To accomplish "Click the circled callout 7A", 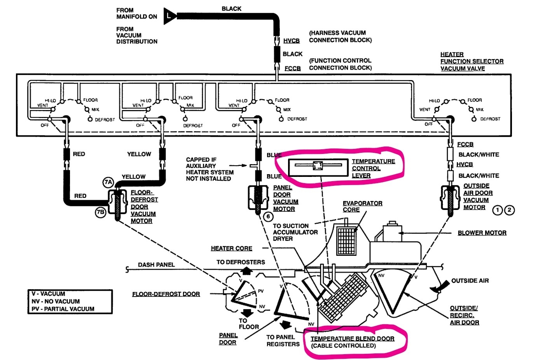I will pyautogui.click(x=108, y=182).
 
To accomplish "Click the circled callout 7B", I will pyautogui.click(x=100, y=212).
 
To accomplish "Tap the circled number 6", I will pyautogui.click(x=268, y=217).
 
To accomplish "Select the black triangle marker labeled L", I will pyautogui.click(x=169, y=16).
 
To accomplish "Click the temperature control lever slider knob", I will pyautogui.click(x=317, y=166).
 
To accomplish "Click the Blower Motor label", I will pyautogui.click(x=482, y=233).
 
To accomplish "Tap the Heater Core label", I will pyautogui.click(x=231, y=248).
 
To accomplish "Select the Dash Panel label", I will pyautogui.click(x=156, y=265).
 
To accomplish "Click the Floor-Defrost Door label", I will pyautogui.click(x=166, y=294).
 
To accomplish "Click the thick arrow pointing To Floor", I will pyautogui.click(x=246, y=313).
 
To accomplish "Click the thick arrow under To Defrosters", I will pyautogui.click(x=241, y=271).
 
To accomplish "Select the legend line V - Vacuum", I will pyautogui.click(x=49, y=294).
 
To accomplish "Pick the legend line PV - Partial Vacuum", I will pyautogui.click(x=63, y=309).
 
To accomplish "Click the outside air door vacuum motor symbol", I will pyautogui.click(x=451, y=200).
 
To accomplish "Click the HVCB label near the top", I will pyautogui.click(x=291, y=41).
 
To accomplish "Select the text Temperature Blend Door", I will pyautogui.click(x=352, y=339).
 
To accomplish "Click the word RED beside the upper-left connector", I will pyautogui.click(x=79, y=154).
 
